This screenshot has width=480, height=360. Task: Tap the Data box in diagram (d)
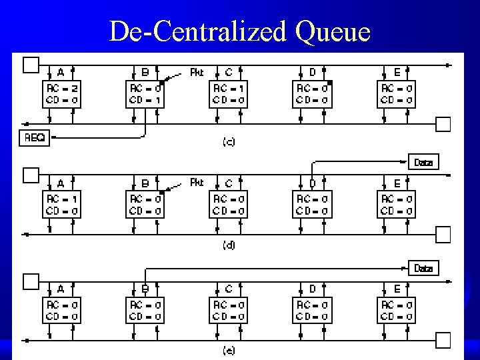click(x=423, y=163)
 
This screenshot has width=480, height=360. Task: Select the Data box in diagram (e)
click(x=423, y=269)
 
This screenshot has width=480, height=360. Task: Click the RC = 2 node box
click(x=61, y=94)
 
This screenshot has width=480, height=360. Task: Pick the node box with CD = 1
click(x=145, y=94)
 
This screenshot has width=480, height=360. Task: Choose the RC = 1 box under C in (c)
click(x=229, y=94)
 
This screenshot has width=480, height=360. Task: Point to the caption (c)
click(x=229, y=141)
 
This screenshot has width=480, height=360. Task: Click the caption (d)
click(x=229, y=245)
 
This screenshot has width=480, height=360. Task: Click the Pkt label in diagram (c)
click(x=197, y=73)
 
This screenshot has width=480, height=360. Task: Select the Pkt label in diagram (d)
click(x=197, y=180)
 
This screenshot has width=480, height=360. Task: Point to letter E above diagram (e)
click(x=397, y=289)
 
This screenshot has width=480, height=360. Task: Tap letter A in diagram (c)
click(x=61, y=72)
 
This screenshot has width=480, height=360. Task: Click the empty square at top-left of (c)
click(x=31, y=65)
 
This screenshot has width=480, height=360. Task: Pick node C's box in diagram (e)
click(x=229, y=309)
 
